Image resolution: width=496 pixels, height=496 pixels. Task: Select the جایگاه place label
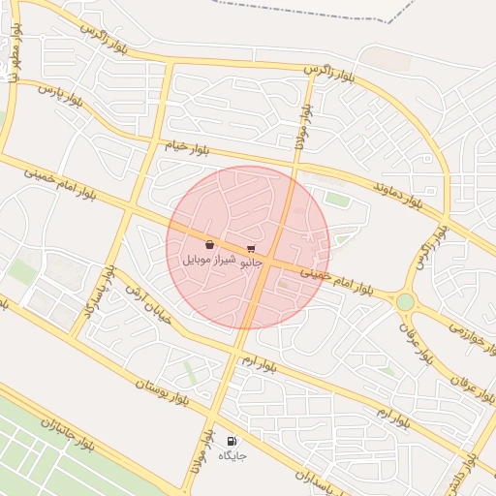[x=232, y=455]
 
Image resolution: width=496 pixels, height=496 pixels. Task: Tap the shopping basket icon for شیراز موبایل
[x=210, y=245]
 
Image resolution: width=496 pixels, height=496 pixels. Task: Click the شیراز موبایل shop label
[x=208, y=260]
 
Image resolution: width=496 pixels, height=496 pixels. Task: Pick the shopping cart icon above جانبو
[x=252, y=249]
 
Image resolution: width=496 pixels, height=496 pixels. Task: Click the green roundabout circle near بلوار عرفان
[x=405, y=302]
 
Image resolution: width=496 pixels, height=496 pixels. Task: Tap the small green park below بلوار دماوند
[x=337, y=200]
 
